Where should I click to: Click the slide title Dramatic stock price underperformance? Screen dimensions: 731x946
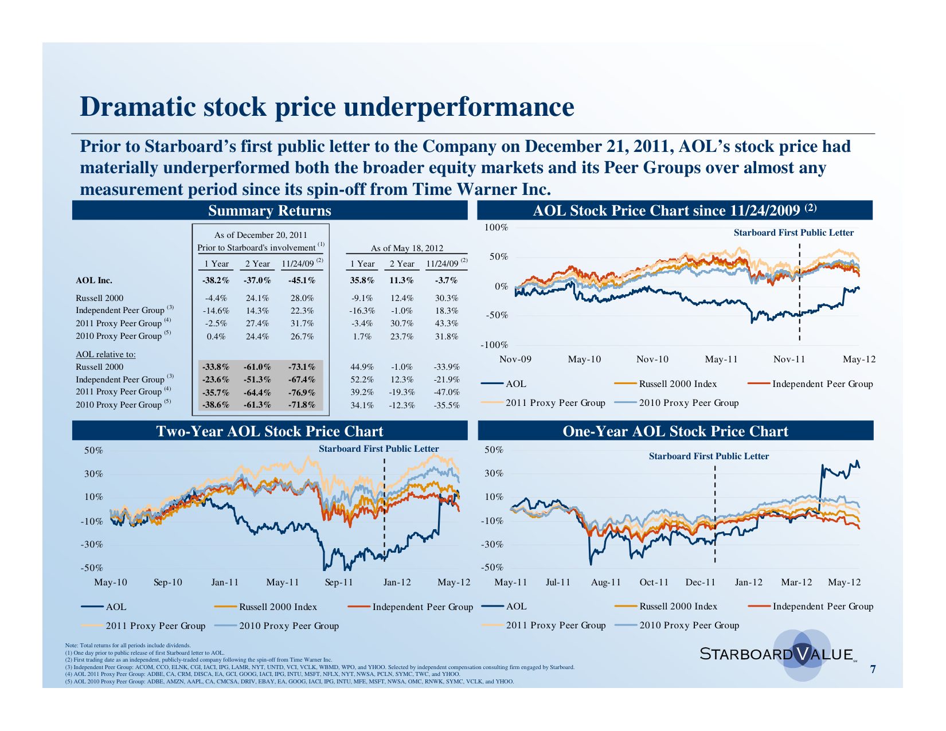coord(327,107)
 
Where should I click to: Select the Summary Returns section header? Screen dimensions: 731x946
coord(269,210)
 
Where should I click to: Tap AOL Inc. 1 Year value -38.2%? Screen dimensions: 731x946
coord(216,280)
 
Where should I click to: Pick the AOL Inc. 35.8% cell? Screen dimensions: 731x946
coord(362,280)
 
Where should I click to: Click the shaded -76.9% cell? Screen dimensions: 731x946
coord(302,392)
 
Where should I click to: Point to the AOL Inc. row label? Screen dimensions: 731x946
coord(94,280)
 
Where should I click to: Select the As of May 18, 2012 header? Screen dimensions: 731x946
coord(406,248)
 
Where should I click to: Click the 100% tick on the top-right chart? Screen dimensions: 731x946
coord(496,228)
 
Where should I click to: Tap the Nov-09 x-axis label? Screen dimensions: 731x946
coord(515,359)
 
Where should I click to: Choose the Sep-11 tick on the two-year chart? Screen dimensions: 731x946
coord(339,583)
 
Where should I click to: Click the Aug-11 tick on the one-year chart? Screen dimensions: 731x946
coord(606,583)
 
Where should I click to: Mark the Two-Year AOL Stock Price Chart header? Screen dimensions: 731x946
coord(269,431)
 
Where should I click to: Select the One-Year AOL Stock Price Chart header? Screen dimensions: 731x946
coord(675,431)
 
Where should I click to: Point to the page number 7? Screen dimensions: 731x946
coord(873,669)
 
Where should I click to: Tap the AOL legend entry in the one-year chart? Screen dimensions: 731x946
coord(516,606)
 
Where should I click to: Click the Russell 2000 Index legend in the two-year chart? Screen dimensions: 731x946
coord(277,607)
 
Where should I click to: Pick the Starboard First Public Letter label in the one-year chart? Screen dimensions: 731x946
coord(709,456)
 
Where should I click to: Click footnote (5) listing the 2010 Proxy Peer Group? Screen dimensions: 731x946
coord(290,682)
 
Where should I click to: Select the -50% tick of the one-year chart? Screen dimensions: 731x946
coord(494,568)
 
